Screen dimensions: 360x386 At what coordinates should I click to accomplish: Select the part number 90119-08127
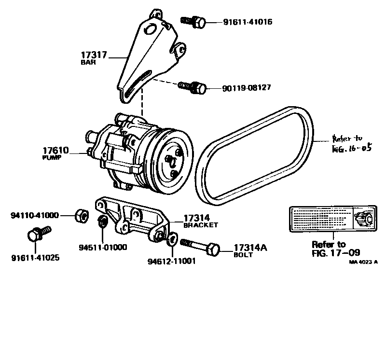[246, 88]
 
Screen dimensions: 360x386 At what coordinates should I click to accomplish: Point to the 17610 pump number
[56, 151]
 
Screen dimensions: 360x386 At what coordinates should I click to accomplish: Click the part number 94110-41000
[34, 215]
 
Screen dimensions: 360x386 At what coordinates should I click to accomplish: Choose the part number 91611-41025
[35, 258]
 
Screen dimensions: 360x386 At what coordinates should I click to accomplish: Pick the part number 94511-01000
[103, 248]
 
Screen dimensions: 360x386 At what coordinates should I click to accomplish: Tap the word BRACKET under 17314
[200, 225]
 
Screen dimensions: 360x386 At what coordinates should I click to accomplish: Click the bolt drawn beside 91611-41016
[193, 21]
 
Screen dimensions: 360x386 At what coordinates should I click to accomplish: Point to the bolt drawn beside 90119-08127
[193, 87]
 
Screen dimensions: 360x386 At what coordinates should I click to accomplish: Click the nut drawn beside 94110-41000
[81, 215]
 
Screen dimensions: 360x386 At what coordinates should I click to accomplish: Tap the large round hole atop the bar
[151, 30]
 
